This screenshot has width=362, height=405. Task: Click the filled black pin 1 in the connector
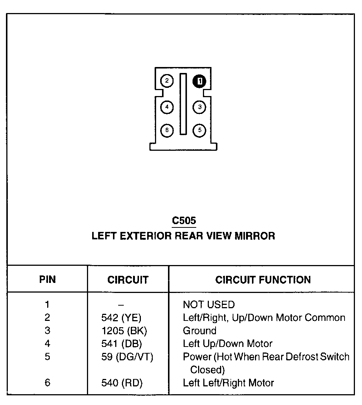point(200,81)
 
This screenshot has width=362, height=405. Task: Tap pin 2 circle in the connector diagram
point(167,81)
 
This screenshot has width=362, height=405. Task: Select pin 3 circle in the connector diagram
point(200,107)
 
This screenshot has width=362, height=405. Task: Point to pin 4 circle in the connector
point(167,107)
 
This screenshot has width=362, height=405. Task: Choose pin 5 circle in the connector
point(200,130)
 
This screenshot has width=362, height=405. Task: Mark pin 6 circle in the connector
point(167,130)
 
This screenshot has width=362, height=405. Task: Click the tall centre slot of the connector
point(183,104)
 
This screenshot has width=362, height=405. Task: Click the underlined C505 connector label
point(184,221)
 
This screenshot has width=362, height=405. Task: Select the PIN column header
point(47,280)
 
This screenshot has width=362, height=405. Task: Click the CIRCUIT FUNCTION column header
point(263,280)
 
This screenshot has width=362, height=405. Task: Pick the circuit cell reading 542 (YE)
point(122,318)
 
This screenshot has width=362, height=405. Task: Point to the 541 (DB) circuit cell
point(122,344)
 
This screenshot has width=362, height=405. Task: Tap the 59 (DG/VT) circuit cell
point(127,357)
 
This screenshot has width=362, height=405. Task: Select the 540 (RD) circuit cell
point(122,383)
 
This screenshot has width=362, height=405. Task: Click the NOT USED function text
point(209,305)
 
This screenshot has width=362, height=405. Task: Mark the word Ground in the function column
point(200,331)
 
